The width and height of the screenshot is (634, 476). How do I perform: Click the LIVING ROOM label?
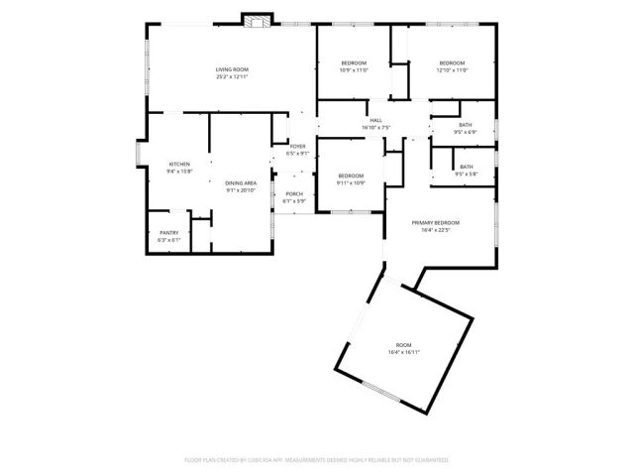point(232,68)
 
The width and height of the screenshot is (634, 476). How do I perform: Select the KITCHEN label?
point(179,164)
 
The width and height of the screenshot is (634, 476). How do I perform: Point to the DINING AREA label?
point(241,183)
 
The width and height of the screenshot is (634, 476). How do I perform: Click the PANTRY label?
point(169,233)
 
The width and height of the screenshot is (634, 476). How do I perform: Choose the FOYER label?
point(297,146)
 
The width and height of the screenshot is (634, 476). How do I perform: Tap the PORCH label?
point(294,193)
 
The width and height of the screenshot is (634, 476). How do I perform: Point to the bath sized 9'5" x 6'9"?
point(465,126)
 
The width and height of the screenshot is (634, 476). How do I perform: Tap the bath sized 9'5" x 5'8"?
point(466,167)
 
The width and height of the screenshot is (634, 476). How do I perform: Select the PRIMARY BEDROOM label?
point(436,223)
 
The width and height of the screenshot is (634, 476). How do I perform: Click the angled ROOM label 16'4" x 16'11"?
point(403,345)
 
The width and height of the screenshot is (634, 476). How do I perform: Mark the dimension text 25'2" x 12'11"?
point(232,75)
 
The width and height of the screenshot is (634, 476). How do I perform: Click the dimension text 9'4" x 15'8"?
point(179,171)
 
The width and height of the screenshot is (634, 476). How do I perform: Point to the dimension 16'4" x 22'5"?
point(436,230)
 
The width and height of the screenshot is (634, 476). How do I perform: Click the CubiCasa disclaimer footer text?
point(316,460)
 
